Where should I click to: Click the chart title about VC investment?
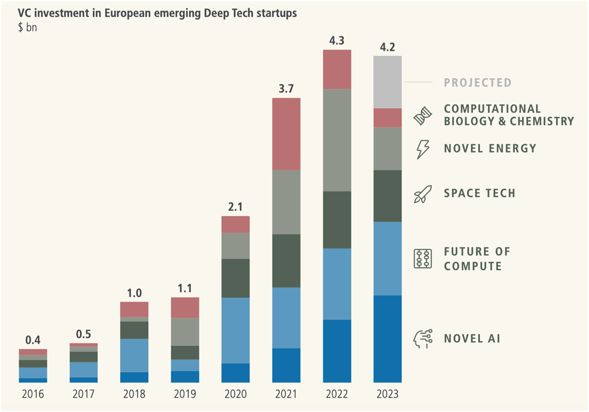click(x=157, y=13)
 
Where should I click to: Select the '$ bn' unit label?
click(x=27, y=27)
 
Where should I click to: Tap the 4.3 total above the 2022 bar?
click(x=337, y=41)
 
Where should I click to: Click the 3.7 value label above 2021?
click(x=286, y=89)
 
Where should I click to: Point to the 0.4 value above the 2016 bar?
click(x=33, y=340)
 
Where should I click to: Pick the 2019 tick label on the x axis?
click(x=185, y=394)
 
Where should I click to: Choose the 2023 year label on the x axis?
click(x=387, y=394)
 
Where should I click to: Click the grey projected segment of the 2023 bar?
click(x=387, y=82)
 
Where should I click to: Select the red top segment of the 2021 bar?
click(x=286, y=134)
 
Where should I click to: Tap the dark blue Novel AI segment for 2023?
click(x=387, y=339)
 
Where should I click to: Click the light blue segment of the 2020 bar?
click(x=236, y=330)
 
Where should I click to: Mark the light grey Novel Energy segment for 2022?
click(x=337, y=140)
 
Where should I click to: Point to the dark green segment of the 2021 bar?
click(x=286, y=261)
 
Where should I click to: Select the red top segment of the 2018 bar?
click(x=134, y=309)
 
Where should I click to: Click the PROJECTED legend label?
click(x=478, y=82)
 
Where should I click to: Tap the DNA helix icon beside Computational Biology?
click(x=422, y=116)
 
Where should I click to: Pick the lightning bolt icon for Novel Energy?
click(x=422, y=149)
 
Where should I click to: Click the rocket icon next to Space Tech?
click(x=422, y=194)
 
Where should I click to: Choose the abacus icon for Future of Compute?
click(x=422, y=259)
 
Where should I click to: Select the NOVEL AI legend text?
click(x=472, y=339)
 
